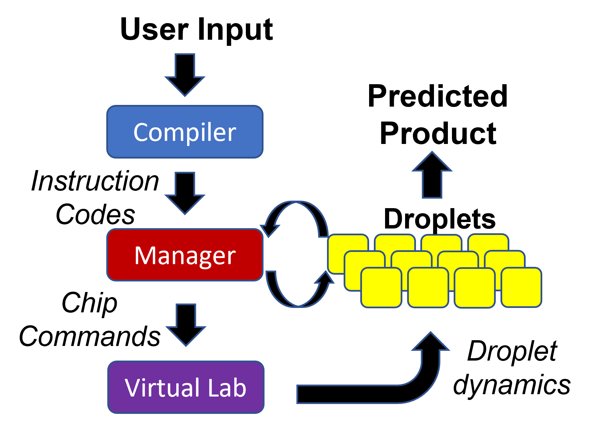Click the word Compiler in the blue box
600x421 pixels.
184,132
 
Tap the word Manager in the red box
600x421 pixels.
184,255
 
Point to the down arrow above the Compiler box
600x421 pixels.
185,75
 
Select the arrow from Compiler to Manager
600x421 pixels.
185,194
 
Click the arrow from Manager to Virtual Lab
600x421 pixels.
186,325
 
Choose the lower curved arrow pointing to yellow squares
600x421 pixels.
299,299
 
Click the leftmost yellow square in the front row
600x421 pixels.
381,287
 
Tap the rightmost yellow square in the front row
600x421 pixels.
521,287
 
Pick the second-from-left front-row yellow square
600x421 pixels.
428,287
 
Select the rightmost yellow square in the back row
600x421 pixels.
488,242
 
